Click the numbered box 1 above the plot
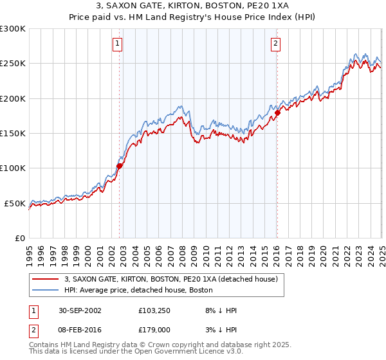[118, 44]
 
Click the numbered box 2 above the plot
[275, 44]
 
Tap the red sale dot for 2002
[119, 166]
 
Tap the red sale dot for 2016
[277, 113]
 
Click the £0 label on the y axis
[20, 238]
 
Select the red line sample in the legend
[45, 280]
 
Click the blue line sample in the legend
[45, 290]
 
